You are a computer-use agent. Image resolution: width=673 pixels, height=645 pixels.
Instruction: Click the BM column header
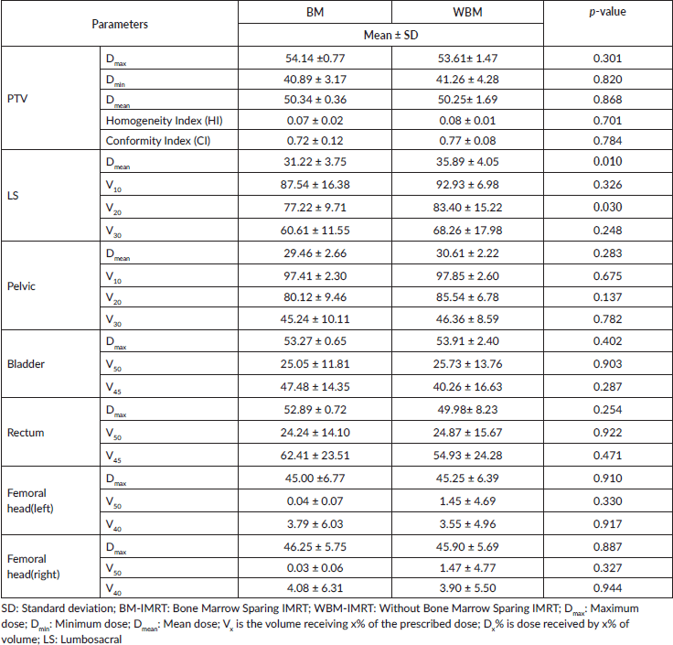coord(315,12)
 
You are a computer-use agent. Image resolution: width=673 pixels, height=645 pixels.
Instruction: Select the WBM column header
coord(467,12)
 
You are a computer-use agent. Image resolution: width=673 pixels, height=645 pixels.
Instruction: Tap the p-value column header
coord(607,12)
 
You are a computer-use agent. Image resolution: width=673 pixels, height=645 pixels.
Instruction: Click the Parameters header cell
coord(120,24)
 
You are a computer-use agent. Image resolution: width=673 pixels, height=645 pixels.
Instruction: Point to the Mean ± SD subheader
coord(390,35)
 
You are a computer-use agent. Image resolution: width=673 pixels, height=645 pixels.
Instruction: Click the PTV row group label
coord(17,99)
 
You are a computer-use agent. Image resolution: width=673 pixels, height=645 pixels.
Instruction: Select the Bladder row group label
coord(26,364)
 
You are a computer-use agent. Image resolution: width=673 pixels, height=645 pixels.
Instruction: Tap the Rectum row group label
coord(26,433)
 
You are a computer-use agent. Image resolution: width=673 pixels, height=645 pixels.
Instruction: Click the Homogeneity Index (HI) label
coord(165,121)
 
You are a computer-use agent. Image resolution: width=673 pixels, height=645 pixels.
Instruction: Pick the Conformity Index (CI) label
coord(158,141)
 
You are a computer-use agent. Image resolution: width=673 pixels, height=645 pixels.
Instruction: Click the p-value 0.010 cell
coord(607,161)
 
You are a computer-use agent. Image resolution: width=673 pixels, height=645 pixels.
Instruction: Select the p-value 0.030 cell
coord(607,207)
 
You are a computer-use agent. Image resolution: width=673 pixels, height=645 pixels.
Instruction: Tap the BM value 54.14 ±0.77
coord(315,59)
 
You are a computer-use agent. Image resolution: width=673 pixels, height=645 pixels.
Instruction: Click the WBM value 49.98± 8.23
coord(467,410)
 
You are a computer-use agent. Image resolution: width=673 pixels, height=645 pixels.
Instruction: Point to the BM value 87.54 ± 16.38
coord(315,185)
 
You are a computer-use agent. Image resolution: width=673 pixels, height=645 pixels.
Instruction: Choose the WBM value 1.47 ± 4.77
coord(467,568)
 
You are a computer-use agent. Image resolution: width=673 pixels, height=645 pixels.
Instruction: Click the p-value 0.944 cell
coord(607,588)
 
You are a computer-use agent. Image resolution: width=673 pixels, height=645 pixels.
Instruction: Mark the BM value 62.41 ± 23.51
coord(315,456)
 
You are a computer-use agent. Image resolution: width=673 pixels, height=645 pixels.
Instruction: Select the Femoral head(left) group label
coord(30,500)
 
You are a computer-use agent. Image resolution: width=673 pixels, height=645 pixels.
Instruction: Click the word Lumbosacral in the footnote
coord(91,640)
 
